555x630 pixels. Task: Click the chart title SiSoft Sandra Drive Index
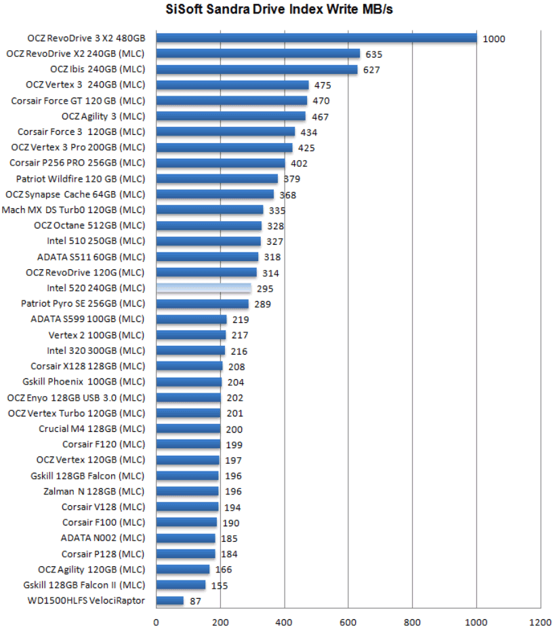coord(279,10)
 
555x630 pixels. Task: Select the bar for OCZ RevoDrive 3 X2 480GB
coord(316,38)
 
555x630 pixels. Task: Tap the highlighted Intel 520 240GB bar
coord(204,288)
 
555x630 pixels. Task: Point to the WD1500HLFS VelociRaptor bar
coord(170,600)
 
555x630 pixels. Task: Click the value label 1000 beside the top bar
coord(494,39)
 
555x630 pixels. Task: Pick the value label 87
coord(196,602)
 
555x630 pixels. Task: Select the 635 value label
coord(374,54)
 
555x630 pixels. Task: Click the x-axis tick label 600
coord(348,623)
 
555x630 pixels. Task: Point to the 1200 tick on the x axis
coord(540,623)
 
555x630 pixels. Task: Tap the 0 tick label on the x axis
coord(157,623)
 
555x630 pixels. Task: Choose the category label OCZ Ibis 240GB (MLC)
coord(98,69)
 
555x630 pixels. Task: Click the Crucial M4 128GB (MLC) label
coord(92,429)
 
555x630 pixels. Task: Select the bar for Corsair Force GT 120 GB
coord(232,100)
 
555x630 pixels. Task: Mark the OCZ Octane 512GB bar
coord(209,225)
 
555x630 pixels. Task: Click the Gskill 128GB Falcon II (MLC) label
coord(84,585)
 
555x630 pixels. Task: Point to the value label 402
coord(299,163)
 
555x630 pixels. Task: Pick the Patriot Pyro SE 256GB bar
coord(203,304)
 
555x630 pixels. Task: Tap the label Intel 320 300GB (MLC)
coord(96,351)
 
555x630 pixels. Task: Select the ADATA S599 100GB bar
coord(191,319)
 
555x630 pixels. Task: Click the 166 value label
coord(224,570)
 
